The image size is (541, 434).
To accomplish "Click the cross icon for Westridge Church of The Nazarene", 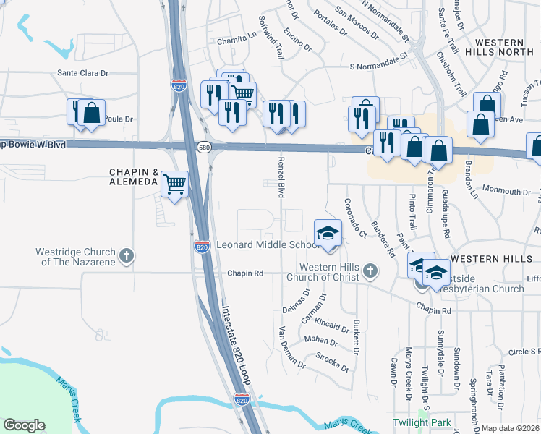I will tap(127, 255).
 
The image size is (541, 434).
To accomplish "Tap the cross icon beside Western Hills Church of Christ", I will tap(370, 271).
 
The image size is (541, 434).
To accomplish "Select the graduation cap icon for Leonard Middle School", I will tap(327, 233).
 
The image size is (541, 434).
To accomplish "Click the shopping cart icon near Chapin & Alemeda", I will tap(174, 183).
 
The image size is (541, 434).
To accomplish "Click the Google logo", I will tap(24, 425).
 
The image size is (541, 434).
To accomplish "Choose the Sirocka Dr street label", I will tap(333, 362).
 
